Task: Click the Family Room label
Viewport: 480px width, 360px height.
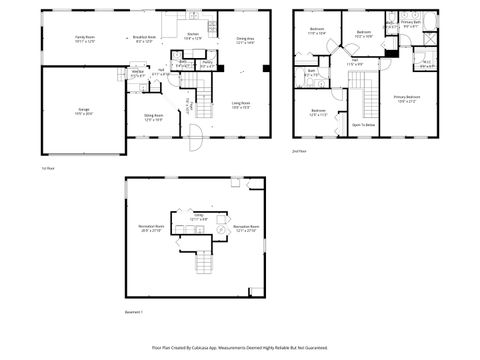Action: (x=85, y=39)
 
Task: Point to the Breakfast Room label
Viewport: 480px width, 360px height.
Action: (x=143, y=39)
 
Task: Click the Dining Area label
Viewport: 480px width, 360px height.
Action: (x=245, y=40)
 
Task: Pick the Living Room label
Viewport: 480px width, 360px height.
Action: (x=241, y=104)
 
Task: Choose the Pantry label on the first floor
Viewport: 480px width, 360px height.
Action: (x=208, y=66)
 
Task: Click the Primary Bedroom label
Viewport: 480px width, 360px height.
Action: (x=408, y=99)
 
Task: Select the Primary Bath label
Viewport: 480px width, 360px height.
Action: (x=411, y=23)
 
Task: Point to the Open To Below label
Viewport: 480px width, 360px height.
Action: (x=362, y=125)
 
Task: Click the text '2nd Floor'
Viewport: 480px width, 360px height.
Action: (x=298, y=151)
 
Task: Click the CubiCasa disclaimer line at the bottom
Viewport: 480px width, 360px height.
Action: (x=239, y=347)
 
